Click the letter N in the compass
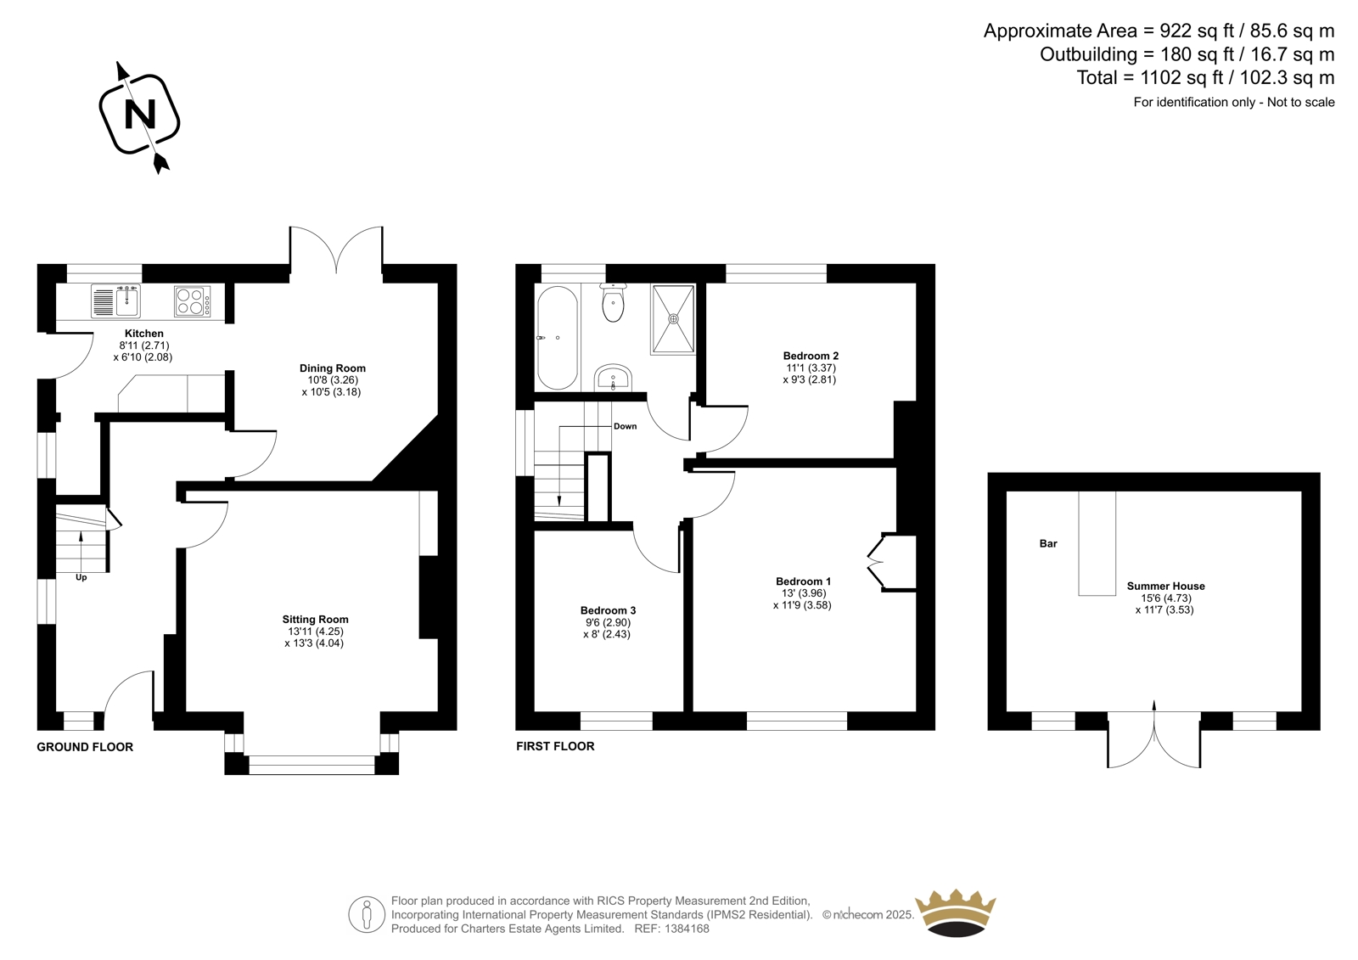139,114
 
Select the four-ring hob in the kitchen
192,301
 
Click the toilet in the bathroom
614,302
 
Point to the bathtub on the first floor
558,337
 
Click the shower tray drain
673,318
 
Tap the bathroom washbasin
613,379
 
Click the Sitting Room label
315,619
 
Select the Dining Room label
332,368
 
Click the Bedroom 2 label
811,356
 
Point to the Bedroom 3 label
608,610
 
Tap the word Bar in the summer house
1048,544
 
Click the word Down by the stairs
625,426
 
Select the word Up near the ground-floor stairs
81,578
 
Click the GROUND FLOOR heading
85,747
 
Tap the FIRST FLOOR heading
555,747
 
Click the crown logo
956,912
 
